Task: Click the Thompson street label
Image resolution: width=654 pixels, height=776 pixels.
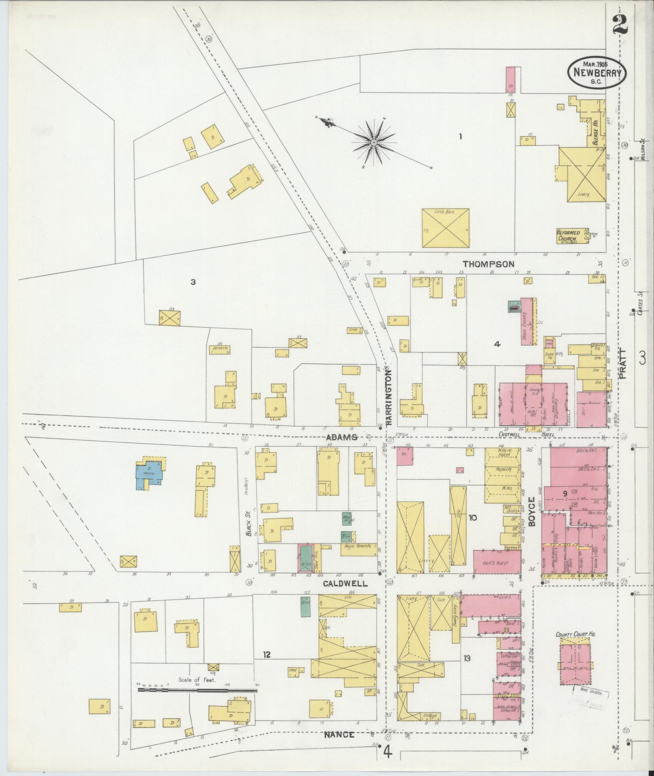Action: (489, 264)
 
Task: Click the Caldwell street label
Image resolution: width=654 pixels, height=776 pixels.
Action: (345, 584)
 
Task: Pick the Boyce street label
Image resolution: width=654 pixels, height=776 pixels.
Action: (532, 511)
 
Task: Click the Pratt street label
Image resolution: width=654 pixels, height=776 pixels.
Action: (623, 364)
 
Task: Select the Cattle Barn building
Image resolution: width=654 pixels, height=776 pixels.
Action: (445, 228)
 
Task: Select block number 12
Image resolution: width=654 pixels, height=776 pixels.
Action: (266, 654)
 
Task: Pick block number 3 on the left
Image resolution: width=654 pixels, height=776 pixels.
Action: (193, 282)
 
